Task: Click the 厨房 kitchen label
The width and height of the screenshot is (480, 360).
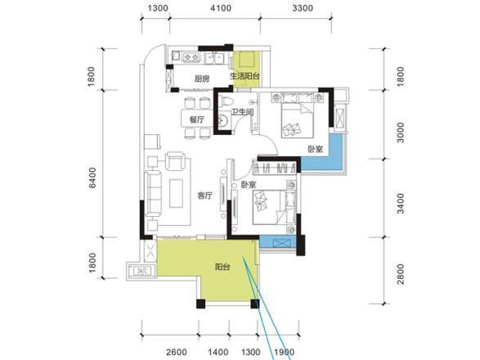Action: click(x=202, y=79)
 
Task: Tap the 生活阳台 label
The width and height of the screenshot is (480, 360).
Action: click(x=244, y=75)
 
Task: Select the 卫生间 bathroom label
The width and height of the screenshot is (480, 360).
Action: click(x=242, y=112)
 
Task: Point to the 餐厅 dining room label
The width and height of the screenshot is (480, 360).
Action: click(x=197, y=119)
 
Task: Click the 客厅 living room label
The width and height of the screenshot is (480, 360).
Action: click(x=204, y=196)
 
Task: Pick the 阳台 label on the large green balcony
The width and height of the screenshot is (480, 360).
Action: click(x=222, y=267)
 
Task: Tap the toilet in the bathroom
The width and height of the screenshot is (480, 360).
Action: click(x=224, y=101)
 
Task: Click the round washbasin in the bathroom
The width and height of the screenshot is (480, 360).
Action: click(x=223, y=120)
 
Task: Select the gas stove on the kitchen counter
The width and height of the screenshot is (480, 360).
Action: click(x=191, y=56)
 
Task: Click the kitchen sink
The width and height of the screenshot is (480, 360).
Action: click(x=214, y=57)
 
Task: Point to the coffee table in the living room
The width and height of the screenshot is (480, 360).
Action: click(x=176, y=193)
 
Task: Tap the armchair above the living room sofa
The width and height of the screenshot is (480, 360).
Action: click(x=175, y=161)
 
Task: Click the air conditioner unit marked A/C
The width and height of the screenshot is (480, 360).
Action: click(x=142, y=271)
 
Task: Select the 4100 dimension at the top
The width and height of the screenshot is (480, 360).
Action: click(x=221, y=8)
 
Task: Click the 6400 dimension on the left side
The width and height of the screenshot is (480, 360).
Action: click(x=92, y=178)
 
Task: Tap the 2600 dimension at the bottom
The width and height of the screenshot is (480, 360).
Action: click(x=177, y=353)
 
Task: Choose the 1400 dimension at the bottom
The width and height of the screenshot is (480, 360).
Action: click(x=218, y=353)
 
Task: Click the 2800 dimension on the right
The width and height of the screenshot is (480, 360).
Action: click(x=401, y=274)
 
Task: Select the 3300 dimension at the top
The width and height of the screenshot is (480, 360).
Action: click(x=303, y=8)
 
